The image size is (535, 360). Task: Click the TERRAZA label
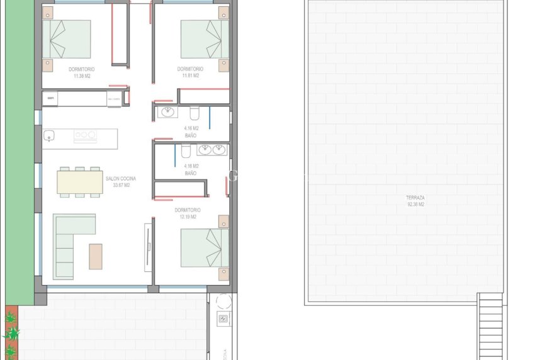(x=415, y=198)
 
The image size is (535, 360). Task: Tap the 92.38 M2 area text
(x=415, y=205)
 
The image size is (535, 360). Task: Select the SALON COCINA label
(x=120, y=179)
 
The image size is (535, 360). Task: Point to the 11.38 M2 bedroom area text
(x=83, y=76)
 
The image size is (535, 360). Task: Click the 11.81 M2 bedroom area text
(x=190, y=76)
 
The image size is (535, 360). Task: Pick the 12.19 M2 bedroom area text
(x=188, y=217)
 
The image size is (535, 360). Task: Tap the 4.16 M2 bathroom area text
(x=191, y=128)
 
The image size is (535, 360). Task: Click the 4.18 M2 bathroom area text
(x=191, y=166)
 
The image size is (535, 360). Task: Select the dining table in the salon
(x=80, y=183)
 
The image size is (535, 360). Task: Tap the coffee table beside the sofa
(x=96, y=256)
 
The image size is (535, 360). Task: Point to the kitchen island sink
(x=48, y=136)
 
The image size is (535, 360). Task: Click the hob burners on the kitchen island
(x=85, y=134)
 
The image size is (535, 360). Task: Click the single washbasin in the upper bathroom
(x=168, y=113)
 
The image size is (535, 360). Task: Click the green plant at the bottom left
(x=11, y=333)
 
